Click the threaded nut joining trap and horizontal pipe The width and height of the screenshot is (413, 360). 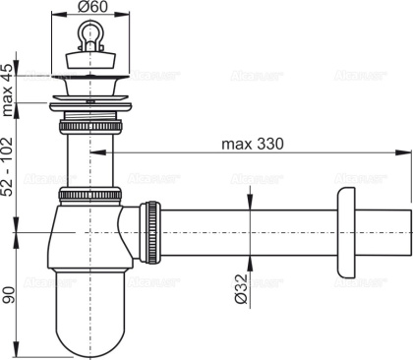(152, 230)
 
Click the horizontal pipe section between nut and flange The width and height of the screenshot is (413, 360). (246, 230)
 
